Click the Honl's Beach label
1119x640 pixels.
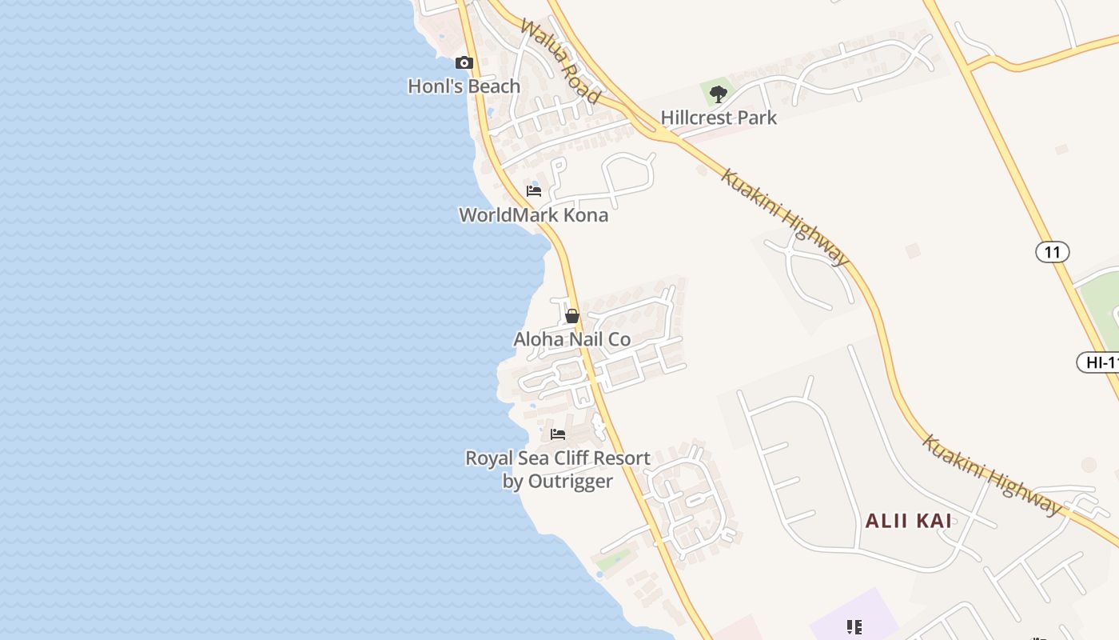(464, 86)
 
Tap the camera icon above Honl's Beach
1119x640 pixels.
(464, 62)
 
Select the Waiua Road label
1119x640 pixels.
(559, 62)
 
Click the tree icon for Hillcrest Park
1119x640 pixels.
(719, 94)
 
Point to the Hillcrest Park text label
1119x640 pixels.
(719, 118)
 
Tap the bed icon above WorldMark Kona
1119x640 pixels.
(534, 190)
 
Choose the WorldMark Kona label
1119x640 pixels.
(533, 215)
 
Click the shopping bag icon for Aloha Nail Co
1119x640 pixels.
(572, 316)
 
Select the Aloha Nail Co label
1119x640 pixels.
(571, 339)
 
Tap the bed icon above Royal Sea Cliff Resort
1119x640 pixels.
(558, 434)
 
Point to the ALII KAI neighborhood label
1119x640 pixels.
(909, 521)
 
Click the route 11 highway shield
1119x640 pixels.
(1053, 253)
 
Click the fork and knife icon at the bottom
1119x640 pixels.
(854, 627)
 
